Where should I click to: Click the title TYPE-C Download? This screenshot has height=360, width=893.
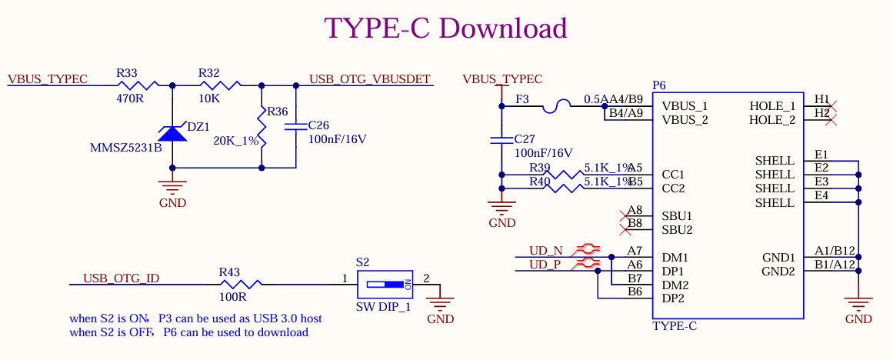[445, 28]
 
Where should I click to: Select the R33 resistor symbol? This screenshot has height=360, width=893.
[139, 85]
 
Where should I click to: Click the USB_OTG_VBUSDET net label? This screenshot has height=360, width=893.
[370, 79]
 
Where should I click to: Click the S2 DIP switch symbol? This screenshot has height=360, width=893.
[385, 284]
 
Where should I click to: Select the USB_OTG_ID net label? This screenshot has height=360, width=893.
[122, 278]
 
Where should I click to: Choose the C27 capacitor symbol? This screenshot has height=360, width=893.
[501, 141]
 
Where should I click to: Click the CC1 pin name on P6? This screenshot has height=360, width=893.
[673, 175]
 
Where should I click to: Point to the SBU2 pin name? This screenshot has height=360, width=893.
[677, 229]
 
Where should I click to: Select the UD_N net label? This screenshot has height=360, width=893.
[546, 250]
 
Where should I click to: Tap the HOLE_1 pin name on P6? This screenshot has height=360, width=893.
[772, 106]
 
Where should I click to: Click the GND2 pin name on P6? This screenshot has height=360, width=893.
[778, 272]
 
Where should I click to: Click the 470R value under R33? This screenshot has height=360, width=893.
[129, 98]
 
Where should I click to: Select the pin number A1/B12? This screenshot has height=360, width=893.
[835, 251]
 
